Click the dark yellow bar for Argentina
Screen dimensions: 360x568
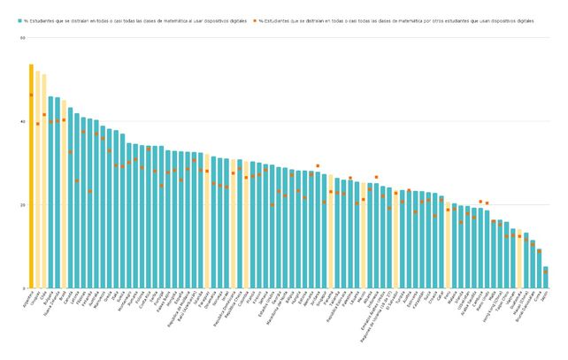click(31, 177)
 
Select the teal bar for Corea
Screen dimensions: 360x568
click(539, 269)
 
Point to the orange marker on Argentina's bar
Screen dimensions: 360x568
click(31, 95)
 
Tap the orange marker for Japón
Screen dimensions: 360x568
click(545, 272)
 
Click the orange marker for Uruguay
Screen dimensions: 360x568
click(37, 124)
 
